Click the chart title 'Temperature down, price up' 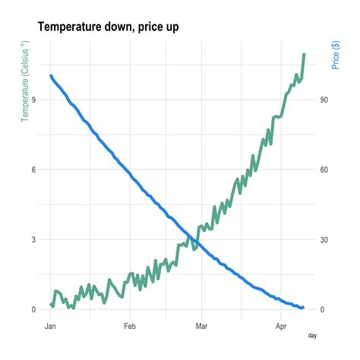pos(108,27)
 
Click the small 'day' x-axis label pos(311,334)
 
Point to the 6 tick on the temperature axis pos(33,170)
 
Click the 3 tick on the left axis pos(33,239)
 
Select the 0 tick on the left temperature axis pos(33,309)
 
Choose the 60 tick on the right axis pos(324,170)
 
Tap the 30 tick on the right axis pos(324,239)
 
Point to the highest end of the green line pos(304,54)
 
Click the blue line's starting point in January pos(51,75)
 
